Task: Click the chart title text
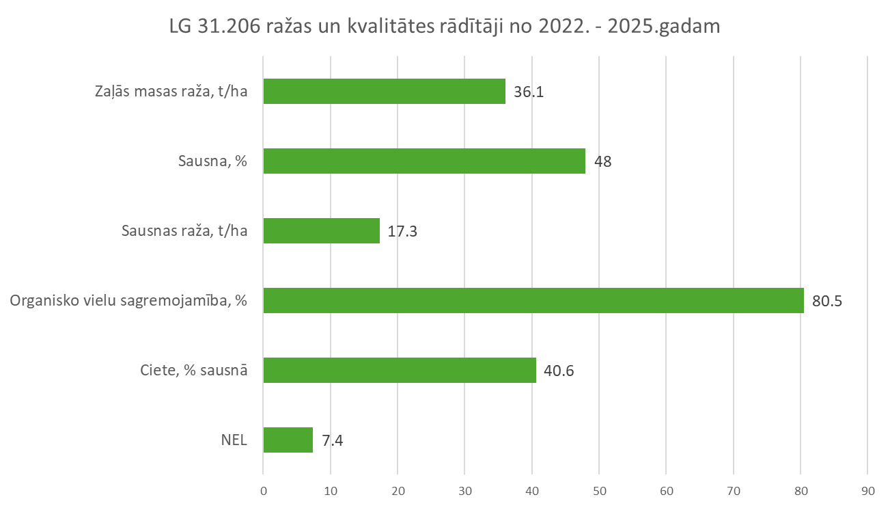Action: [444, 27]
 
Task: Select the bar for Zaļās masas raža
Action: [384, 91]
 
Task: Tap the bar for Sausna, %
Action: [424, 161]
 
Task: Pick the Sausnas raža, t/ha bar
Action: [321, 231]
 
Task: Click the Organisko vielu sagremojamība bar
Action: [533, 301]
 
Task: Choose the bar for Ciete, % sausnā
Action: [400, 370]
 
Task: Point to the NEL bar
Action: [288, 440]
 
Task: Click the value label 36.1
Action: [529, 92]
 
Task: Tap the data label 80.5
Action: [827, 301]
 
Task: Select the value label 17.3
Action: [402, 231]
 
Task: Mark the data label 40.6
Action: [559, 371]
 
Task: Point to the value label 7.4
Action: [332, 440]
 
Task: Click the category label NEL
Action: [234, 440]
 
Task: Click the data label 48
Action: [602, 162]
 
